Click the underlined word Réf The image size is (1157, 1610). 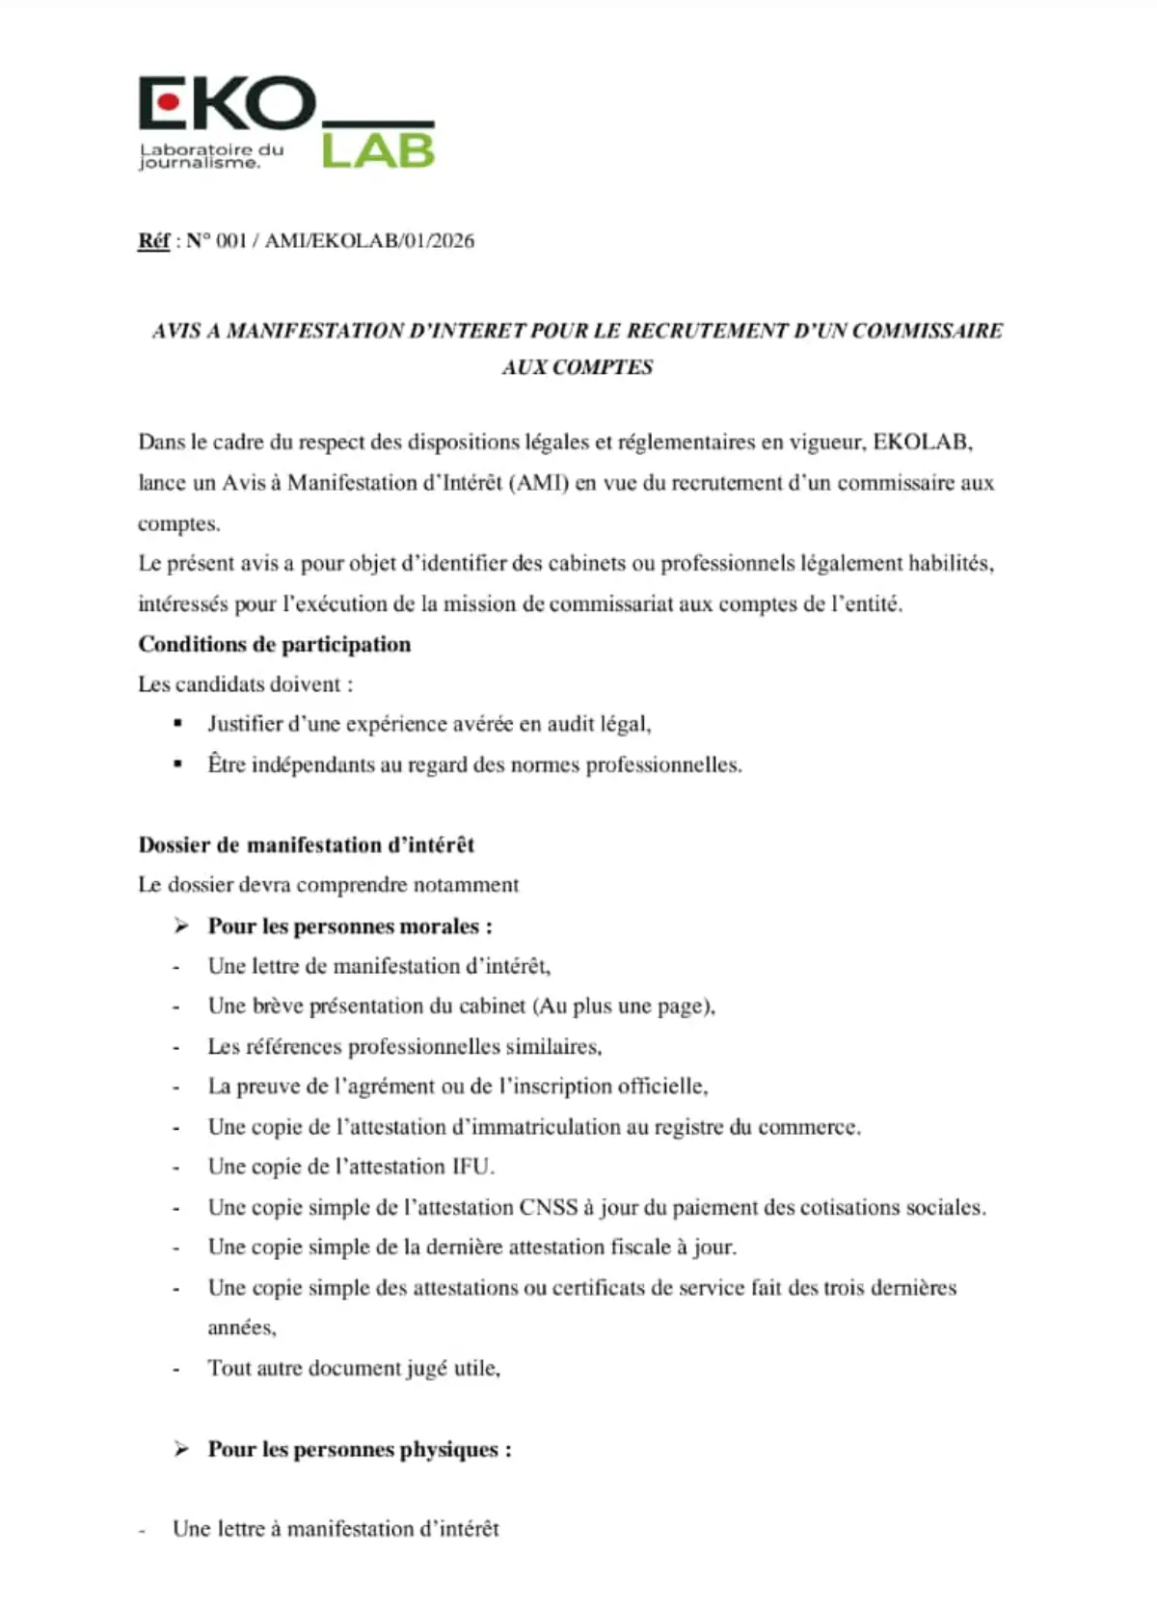(153, 241)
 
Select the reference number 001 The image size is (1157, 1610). (231, 241)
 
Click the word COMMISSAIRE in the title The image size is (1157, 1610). (928, 331)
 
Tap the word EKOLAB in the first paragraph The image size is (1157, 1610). (922, 443)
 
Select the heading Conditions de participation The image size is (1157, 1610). (275, 644)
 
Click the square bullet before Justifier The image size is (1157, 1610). (177, 722)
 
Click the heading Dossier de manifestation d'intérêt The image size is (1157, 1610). (307, 845)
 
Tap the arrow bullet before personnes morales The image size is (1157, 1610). (181, 926)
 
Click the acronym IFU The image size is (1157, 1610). (472, 1167)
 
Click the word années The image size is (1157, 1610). (241, 1328)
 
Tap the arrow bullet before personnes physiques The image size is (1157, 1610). (181, 1449)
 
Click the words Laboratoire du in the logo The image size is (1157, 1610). (212, 149)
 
